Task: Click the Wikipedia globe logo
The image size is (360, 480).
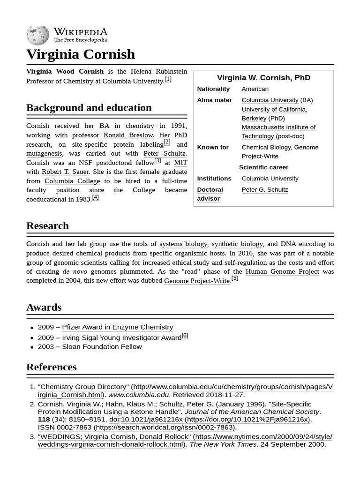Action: coord(37,35)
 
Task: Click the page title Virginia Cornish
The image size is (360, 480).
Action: coord(81,54)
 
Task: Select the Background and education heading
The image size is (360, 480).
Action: coord(89,108)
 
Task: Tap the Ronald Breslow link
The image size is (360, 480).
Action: coord(128,135)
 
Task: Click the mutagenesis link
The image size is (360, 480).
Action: coord(44,153)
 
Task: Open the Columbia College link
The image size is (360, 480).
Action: coord(72,181)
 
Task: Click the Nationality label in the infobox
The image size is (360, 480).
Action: coord(213,89)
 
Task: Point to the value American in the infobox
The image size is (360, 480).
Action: coord(255,89)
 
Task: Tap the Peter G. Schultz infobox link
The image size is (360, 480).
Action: coord(265,190)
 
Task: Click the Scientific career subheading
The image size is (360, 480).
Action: coord(263,167)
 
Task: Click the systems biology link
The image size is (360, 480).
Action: coord(183,244)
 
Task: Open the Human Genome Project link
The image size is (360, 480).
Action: coord(282,271)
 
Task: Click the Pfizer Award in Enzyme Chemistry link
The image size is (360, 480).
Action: coord(117,327)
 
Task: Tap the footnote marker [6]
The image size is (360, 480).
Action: coord(185,336)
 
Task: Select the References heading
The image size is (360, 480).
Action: coord(52,367)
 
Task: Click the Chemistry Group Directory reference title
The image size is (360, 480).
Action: coord(83,387)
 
